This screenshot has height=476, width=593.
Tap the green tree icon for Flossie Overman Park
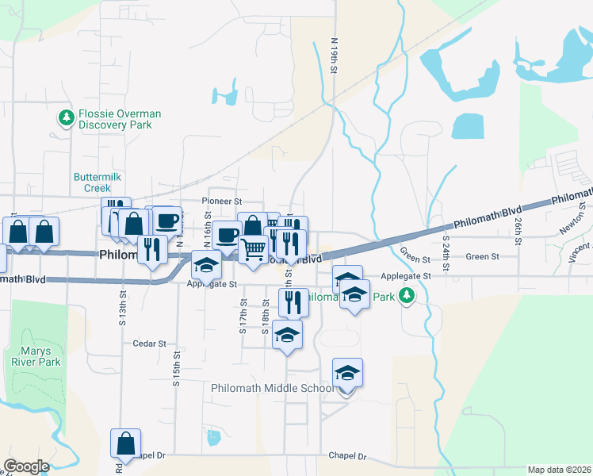point(67,119)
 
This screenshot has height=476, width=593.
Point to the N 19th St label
point(335,56)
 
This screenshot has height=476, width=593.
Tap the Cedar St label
point(151,344)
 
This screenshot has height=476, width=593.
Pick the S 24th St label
point(446,254)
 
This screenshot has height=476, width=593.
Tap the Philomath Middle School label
point(274,388)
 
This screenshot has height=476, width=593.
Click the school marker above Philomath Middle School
point(348,373)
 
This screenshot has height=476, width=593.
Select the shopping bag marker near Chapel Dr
point(126,444)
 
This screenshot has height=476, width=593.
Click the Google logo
point(26,466)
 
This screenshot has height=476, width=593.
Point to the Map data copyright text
point(558,470)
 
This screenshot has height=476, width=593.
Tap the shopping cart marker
point(253,249)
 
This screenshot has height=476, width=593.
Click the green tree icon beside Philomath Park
point(407,297)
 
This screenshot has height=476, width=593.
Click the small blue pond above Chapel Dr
point(212,437)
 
